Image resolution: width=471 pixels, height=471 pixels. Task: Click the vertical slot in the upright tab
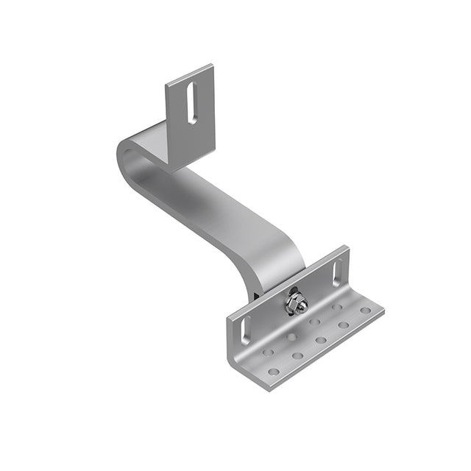[x=191, y=102]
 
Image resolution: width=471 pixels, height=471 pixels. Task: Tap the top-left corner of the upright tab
[x=166, y=81]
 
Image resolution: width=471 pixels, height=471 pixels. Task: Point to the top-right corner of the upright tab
[x=213, y=65]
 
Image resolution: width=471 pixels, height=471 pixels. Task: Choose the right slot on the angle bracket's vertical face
[x=336, y=271]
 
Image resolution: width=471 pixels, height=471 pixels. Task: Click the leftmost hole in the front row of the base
[x=274, y=372]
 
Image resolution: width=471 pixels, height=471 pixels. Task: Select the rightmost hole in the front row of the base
[x=366, y=311]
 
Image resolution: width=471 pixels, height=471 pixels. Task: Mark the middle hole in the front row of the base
[x=321, y=340]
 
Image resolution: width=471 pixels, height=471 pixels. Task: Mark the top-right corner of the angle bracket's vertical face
[x=347, y=247]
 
